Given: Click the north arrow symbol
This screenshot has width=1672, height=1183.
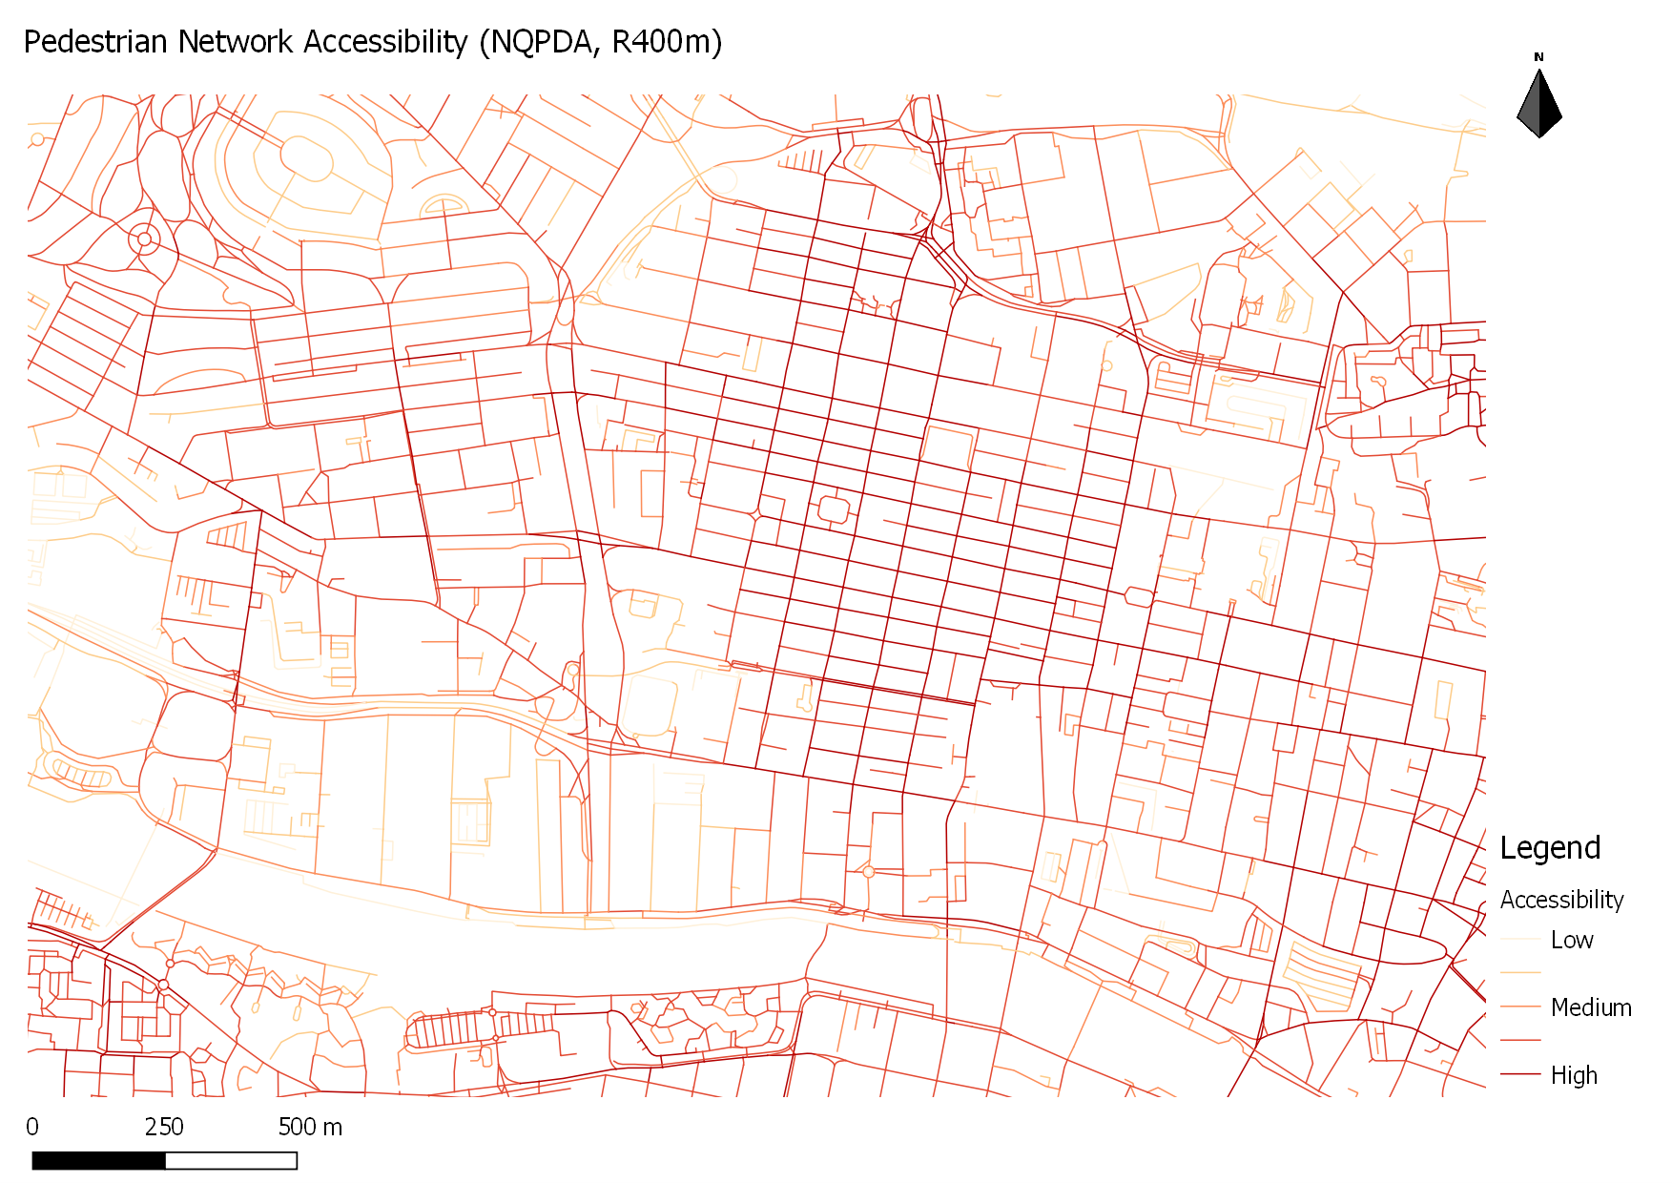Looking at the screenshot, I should (x=1538, y=103).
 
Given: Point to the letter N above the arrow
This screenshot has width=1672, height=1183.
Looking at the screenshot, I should (x=1538, y=57).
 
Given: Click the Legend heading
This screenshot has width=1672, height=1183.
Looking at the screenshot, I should (x=1549, y=848).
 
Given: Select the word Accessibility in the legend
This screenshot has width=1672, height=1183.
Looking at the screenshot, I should (x=1561, y=900).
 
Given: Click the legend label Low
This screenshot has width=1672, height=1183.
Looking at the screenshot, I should (x=1571, y=941).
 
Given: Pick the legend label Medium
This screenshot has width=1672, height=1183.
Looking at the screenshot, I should (x=1590, y=1007).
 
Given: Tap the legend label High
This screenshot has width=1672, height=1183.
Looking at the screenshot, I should (x=1573, y=1075).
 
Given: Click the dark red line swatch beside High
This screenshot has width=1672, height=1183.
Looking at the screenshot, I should (x=1520, y=1074).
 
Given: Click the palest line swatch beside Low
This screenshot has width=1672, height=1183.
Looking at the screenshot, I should (x=1520, y=940).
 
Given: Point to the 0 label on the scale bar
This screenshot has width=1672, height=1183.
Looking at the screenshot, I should (x=32, y=1127).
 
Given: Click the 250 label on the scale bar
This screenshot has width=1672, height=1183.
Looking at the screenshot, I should (x=164, y=1127).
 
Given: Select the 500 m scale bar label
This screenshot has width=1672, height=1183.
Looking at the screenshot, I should (x=310, y=1127).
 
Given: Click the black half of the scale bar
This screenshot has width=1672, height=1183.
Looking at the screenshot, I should (x=98, y=1160).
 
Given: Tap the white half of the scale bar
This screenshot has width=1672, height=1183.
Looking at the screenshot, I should (x=231, y=1160).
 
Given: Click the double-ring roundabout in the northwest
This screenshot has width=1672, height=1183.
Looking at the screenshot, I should (x=144, y=239).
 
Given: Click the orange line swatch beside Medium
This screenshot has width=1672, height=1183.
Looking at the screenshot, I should (x=1520, y=1007).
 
